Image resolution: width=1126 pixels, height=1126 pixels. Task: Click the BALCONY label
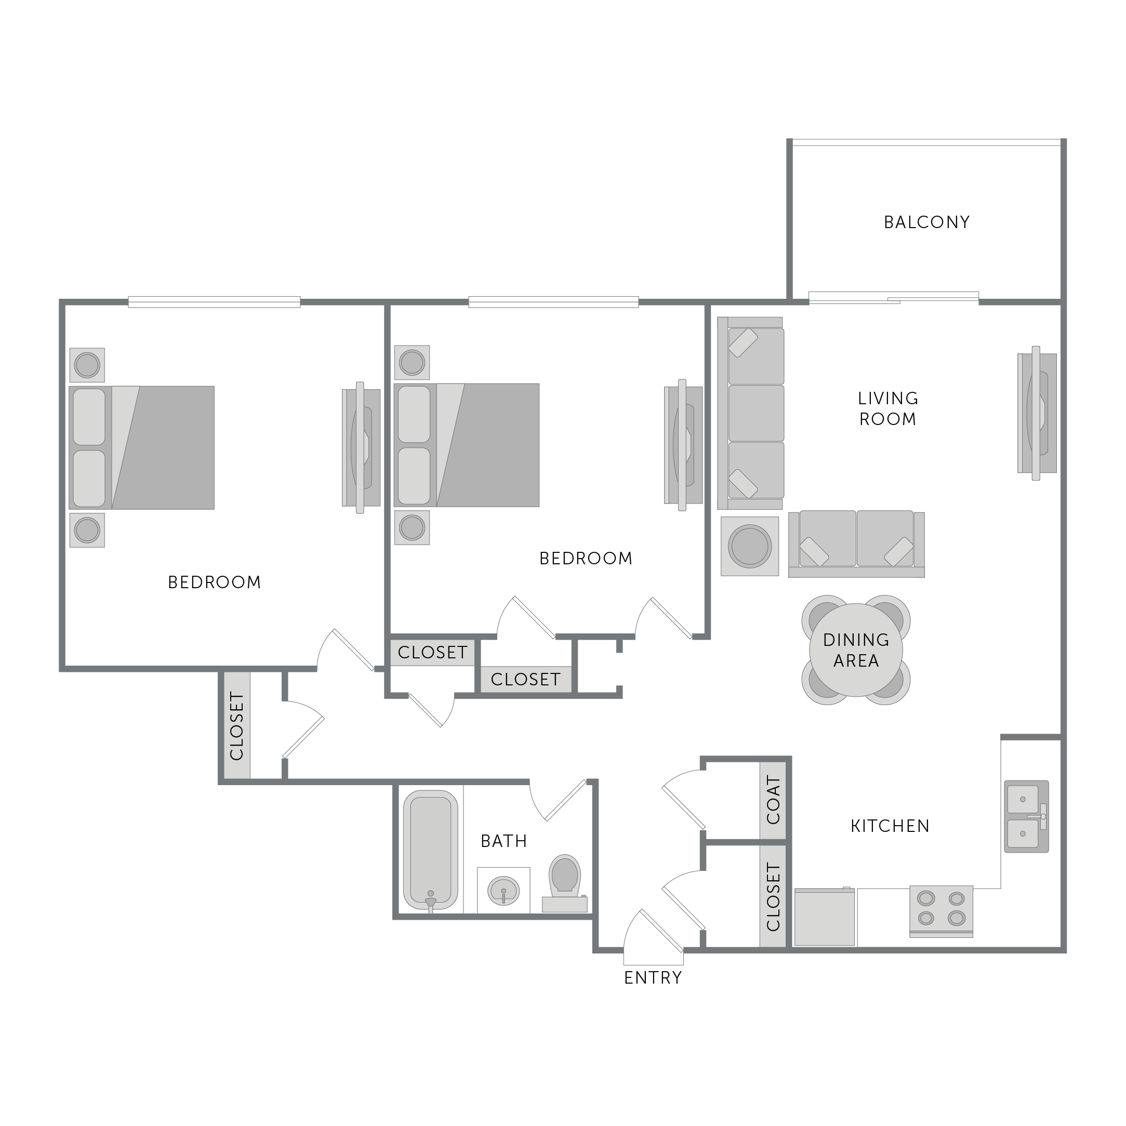coord(926,222)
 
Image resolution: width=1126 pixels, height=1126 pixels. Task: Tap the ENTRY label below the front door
coord(653,978)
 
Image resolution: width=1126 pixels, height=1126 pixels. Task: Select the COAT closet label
coord(773,800)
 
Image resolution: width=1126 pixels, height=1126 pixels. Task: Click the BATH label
coord(504,841)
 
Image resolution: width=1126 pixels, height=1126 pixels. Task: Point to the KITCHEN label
coord(890,826)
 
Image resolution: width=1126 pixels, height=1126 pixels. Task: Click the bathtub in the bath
coord(431,850)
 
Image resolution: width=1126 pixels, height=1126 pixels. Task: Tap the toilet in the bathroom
coord(565,883)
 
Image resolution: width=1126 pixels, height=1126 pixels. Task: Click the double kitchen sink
coord(1026,816)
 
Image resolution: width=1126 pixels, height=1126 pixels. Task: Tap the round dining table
coord(856,650)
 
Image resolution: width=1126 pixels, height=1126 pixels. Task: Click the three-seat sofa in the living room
coord(751,413)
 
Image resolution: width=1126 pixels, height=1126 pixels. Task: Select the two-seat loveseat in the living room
coord(857,544)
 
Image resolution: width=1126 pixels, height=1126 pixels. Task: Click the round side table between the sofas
coord(750,547)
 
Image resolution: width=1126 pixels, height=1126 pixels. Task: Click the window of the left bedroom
coord(215,302)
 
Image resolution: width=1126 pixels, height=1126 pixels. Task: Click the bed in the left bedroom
coord(142,447)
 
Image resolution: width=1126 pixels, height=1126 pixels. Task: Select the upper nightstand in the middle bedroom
coord(412,363)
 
